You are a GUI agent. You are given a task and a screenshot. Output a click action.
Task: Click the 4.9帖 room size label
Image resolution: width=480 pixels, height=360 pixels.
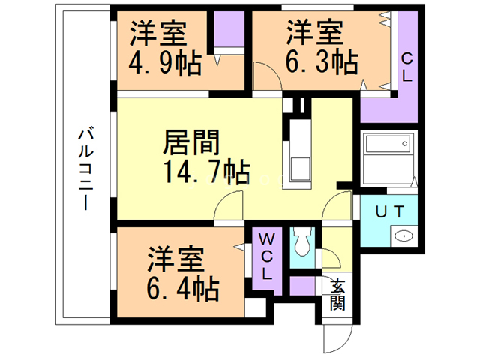tap(165, 64)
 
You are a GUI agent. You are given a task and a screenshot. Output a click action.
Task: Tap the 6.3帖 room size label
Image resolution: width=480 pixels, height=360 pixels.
tap(322, 62)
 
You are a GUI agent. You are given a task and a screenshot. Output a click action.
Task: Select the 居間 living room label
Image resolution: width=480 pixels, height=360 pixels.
tap(191, 142)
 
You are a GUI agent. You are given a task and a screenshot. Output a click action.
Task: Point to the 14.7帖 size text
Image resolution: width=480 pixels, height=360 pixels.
tap(206, 172)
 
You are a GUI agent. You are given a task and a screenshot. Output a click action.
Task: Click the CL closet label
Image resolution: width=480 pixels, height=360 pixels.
tap(406, 67)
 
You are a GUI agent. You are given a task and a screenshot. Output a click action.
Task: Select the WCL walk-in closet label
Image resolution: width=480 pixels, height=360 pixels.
tap(267, 256)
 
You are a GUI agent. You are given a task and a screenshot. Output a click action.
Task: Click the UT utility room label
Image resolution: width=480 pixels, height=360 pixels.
tap(390, 211)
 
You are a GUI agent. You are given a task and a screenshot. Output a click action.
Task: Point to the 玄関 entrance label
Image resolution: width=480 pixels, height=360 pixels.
tap(337, 295)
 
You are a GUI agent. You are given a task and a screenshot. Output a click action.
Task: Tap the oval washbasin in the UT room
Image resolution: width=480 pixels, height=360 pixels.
tap(403, 236)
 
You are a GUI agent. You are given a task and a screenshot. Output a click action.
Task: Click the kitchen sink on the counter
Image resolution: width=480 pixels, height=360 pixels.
tap(300, 169)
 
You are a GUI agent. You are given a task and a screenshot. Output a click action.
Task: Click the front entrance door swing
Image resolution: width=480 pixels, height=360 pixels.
tap(338, 338)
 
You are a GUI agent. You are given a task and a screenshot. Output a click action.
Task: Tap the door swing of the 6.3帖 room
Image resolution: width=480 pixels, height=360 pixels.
tap(268, 75)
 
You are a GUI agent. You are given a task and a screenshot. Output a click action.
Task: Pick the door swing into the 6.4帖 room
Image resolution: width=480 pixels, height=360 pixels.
tap(229, 205)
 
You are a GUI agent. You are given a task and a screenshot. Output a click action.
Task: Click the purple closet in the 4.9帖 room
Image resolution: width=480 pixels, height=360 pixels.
tap(229, 29)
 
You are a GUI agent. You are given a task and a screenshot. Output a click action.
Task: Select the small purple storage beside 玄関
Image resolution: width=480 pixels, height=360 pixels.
tap(302, 286)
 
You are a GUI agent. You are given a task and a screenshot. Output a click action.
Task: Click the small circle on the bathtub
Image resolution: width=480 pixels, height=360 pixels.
tap(405, 144)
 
